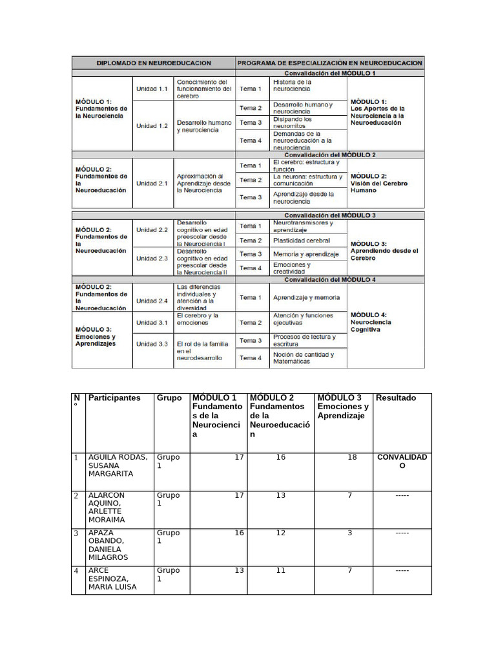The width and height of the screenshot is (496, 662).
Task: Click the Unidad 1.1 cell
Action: (152, 89)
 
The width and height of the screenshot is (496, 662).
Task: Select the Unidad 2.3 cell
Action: (152, 259)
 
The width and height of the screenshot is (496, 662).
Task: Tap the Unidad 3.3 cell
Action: (152, 344)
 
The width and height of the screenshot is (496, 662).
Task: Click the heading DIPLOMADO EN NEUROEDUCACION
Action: (154, 63)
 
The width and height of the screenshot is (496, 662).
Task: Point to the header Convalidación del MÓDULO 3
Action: (329, 215)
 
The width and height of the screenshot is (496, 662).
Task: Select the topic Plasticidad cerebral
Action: (301, 240)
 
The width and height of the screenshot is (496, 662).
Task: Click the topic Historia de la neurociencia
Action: (293, 85)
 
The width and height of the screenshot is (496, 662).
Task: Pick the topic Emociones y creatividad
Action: (292, 268)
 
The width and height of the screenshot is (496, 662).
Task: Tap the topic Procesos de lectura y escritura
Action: (304, 341)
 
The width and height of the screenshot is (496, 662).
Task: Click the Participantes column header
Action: (114, 398)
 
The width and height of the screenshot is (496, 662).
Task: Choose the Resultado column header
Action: (395, 398)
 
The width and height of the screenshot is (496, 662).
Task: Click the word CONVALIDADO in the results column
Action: (402, 462)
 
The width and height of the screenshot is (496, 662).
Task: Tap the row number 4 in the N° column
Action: (76, 571)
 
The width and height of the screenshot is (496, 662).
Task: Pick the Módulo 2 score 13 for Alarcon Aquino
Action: (298, 496)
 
